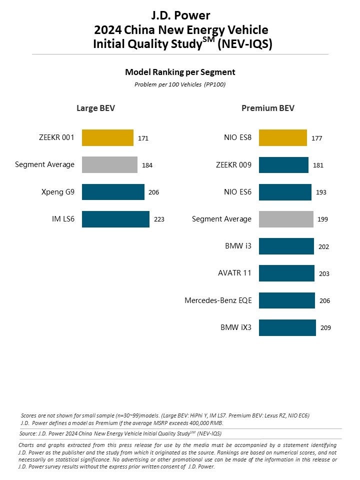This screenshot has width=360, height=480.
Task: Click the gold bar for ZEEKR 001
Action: [x=107, y=138]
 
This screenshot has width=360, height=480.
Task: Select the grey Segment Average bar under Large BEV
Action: [x=109, y=165]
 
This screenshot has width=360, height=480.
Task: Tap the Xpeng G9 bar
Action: [x=113, y=192]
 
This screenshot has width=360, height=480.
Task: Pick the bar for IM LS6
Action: [x=115, y=219]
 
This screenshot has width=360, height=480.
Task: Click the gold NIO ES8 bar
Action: [x=282, y=138]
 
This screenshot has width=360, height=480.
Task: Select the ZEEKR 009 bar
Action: [x=283, y=165]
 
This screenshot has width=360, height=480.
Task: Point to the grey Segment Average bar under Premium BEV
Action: [x=286, y=219]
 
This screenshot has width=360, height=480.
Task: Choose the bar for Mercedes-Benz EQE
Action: [x=287, y=300]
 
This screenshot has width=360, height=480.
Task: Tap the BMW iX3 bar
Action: [x=287, y=328]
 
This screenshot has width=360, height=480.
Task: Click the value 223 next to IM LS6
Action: [x=158, y=219]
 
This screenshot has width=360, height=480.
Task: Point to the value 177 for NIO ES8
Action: [x=317, y=138]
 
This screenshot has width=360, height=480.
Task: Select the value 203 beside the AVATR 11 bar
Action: [x=324, y=273]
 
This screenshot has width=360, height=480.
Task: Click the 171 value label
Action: [x=143, y=138]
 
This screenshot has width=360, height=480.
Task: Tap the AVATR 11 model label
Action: [x=234, y=273]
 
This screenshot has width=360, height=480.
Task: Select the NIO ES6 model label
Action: [x=237, y=192]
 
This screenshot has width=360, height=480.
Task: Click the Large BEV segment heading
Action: [x=95, y=108]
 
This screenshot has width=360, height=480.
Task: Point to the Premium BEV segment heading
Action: [x=267, y=108]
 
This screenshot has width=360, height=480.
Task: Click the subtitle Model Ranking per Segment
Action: [x=180, y=72]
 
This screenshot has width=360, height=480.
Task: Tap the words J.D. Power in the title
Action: [x=180, y=15]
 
